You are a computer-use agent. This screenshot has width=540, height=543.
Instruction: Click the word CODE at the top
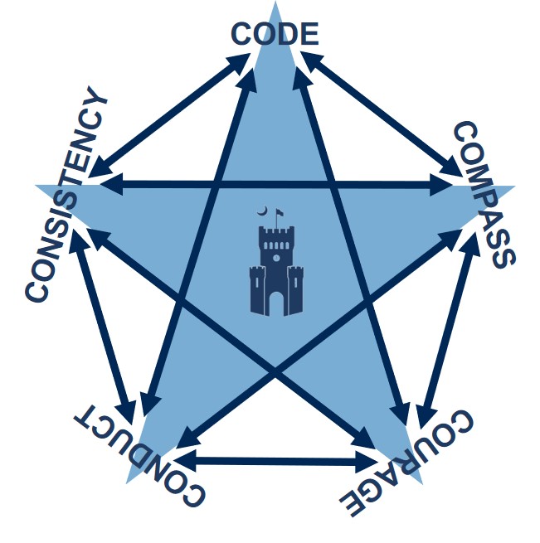275,34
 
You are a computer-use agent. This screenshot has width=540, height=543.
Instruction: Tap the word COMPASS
484,195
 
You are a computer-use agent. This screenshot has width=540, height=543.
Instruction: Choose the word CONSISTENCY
66,194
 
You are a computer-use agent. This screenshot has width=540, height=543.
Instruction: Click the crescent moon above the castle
262,211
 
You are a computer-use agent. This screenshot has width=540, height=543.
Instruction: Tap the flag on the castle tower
280,212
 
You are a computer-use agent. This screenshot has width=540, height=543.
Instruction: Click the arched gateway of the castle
276,303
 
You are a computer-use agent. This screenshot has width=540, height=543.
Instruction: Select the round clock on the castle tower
276,258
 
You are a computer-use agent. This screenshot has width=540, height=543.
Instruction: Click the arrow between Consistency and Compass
276,184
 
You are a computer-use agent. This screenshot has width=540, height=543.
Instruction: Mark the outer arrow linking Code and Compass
382,114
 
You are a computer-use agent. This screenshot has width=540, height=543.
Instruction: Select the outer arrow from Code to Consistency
169,115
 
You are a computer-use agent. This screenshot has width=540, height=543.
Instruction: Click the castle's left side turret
257,290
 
